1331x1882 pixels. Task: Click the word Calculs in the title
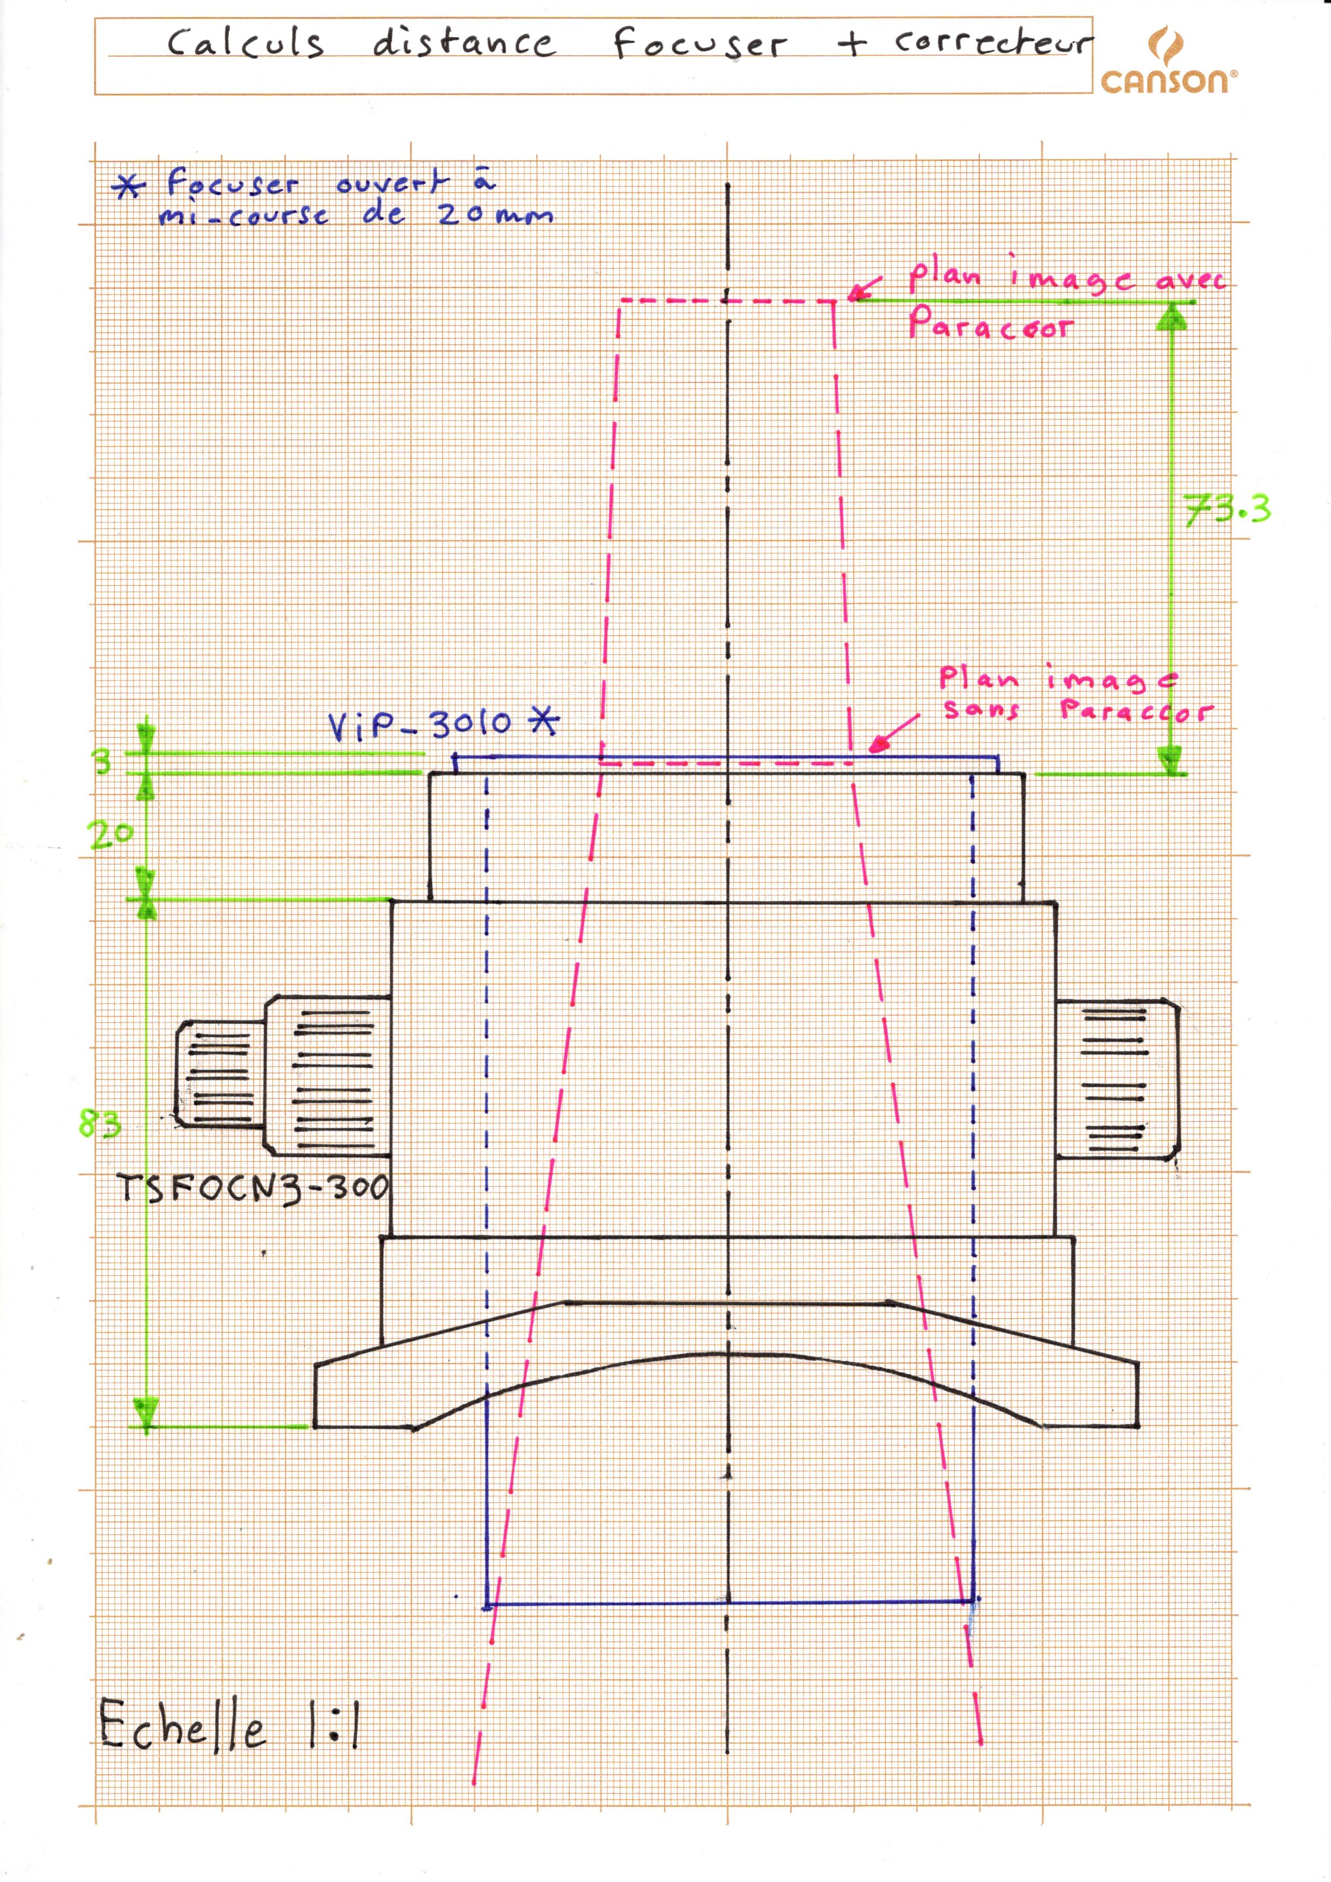click(246, 42)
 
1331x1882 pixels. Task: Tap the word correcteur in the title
click(993, 42)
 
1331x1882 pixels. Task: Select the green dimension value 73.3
click(1227, 509)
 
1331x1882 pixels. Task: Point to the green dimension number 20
click(111, 835)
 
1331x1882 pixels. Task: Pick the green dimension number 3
click(102, 762)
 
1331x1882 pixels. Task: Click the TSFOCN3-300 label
click(253, 1188)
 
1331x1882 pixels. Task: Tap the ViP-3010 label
click(419, 724)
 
